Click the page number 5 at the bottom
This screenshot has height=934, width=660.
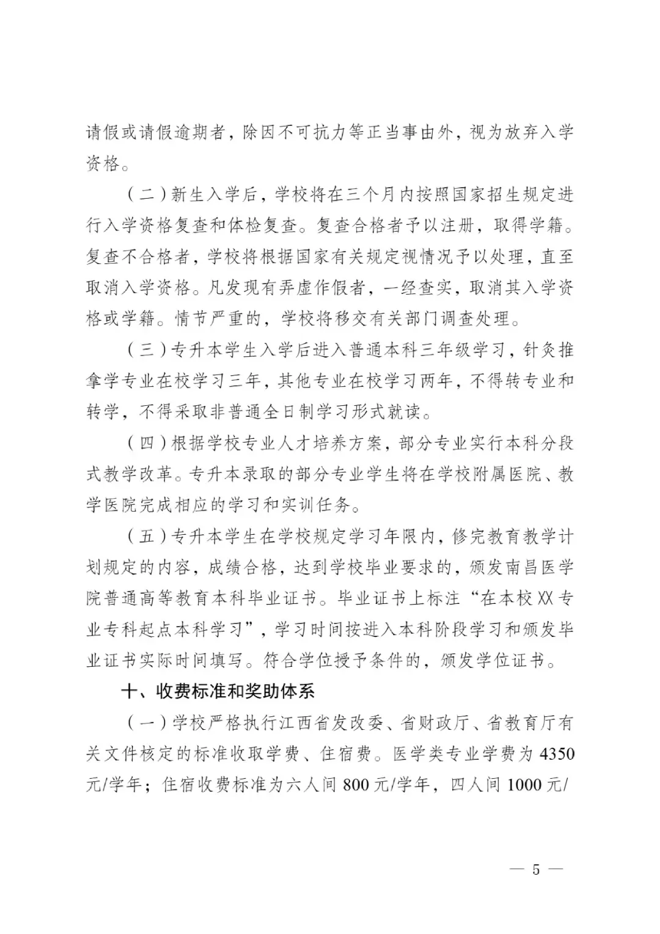(x=536, y=869)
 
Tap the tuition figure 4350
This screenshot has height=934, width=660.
(x=557, y=754)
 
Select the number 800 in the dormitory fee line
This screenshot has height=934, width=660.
(x=356, y=785)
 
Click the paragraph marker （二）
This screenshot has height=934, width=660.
(x=147, y=195)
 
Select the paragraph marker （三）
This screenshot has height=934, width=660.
(x=147, y=350)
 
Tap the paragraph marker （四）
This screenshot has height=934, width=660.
(x=147, y=443)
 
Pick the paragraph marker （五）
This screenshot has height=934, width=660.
(x=147, y=536)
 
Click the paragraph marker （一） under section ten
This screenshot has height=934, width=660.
(x=147, y=723)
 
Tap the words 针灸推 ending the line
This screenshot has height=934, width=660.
(x=549, y=350)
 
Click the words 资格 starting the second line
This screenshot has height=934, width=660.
(x=103, y=164)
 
